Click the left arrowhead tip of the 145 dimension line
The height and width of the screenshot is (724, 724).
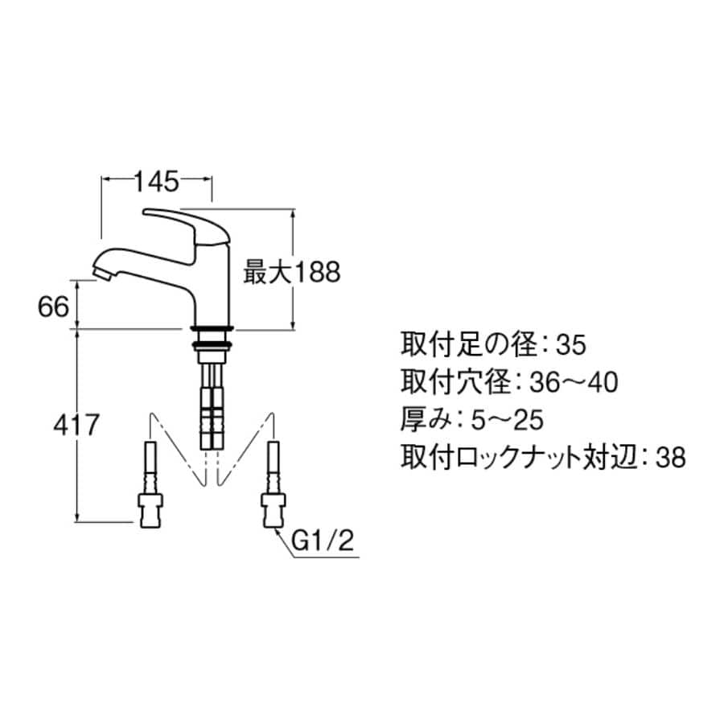[102, 178]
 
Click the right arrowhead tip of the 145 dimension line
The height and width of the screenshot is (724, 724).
[212, 178]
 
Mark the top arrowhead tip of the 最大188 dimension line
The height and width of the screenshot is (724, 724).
[293, 209]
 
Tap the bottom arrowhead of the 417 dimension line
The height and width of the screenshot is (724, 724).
[77, 522]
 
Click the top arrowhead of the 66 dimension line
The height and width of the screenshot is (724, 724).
[77, 280]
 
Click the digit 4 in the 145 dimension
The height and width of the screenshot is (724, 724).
[155, 181]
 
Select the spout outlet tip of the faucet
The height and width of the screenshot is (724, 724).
[101, 273]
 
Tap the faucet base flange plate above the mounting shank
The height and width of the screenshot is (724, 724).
[212, 329]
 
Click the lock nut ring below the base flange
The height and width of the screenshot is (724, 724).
[212, 344]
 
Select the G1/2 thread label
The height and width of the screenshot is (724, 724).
[323, 541]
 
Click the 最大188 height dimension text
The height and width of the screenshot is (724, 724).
[292, 272]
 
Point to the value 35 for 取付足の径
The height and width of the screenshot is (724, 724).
[571, 345]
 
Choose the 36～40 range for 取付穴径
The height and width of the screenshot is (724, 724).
[574, 383]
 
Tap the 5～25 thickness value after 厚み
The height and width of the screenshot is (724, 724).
[507, 421]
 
